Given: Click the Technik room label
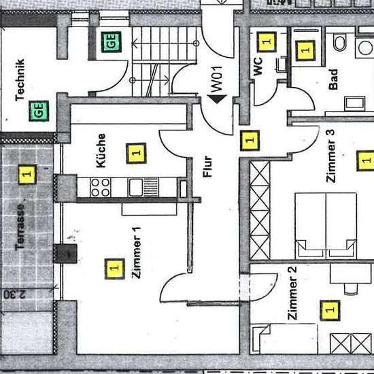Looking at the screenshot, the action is click(20, 80).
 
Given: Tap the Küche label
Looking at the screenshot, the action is click(101, 150).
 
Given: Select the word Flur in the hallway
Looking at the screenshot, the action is click(207, 167).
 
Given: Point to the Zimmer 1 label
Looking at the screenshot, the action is click(137, 252).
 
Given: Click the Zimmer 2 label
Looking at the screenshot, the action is click(292, 293).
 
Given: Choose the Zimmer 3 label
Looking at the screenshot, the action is click(331, 156).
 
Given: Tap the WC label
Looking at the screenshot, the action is click(258, 67).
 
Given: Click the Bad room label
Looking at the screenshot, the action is click(333, 80).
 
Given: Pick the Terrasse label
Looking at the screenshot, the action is click(20, 227).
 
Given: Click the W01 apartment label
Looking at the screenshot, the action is click(217, 79).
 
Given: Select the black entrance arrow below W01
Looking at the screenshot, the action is click(217, 99).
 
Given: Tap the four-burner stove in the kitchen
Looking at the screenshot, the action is click(100, 187).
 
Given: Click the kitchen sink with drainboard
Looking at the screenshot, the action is click(143, 187).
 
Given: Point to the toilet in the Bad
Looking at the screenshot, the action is click(340, 42).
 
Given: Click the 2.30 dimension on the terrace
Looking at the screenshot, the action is click(14, 294).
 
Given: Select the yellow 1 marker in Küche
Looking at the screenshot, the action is click(136, 154).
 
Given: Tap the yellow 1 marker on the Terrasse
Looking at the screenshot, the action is click(27, 174).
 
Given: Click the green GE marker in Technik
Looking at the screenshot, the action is click(39, 111).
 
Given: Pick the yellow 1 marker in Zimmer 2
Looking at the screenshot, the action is click(330, 310).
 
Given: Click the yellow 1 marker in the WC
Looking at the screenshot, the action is click(267, 41).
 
